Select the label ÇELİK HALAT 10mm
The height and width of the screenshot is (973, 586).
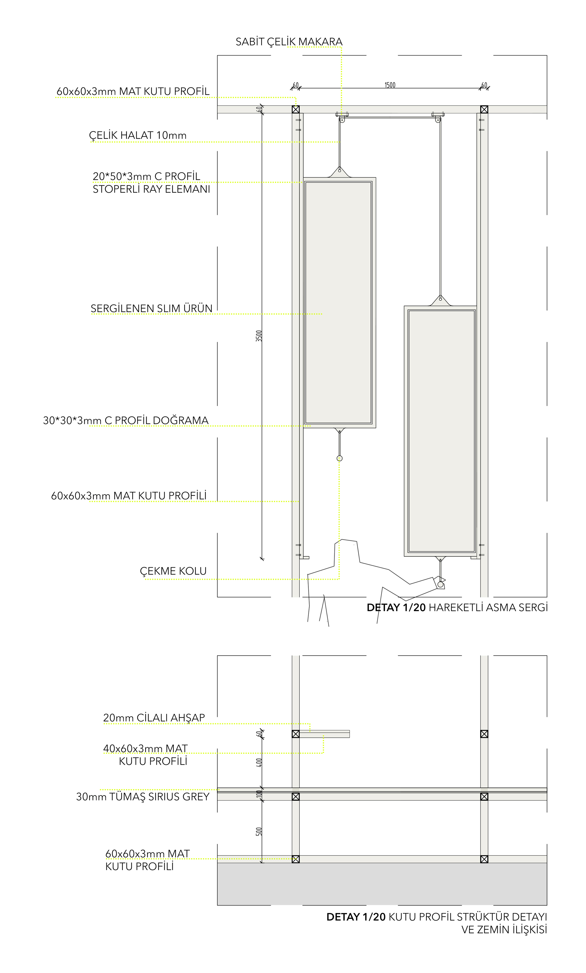(137, 135)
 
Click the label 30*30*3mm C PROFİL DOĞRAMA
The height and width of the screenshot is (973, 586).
(126, 420)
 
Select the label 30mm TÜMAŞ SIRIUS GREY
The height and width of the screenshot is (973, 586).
(143, 797)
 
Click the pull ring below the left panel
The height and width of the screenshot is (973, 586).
(340, 458)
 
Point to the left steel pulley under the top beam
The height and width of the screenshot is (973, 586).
(342, 119)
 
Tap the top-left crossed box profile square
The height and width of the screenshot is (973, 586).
(295, 109)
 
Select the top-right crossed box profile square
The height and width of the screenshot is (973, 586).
(484, 109)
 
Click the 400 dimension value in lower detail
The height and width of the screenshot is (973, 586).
(259, 762)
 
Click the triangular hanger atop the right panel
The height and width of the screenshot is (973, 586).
(440, 301)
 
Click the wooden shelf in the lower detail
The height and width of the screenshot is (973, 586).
(324, 734)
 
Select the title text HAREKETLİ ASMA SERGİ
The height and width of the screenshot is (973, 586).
(488, 607)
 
